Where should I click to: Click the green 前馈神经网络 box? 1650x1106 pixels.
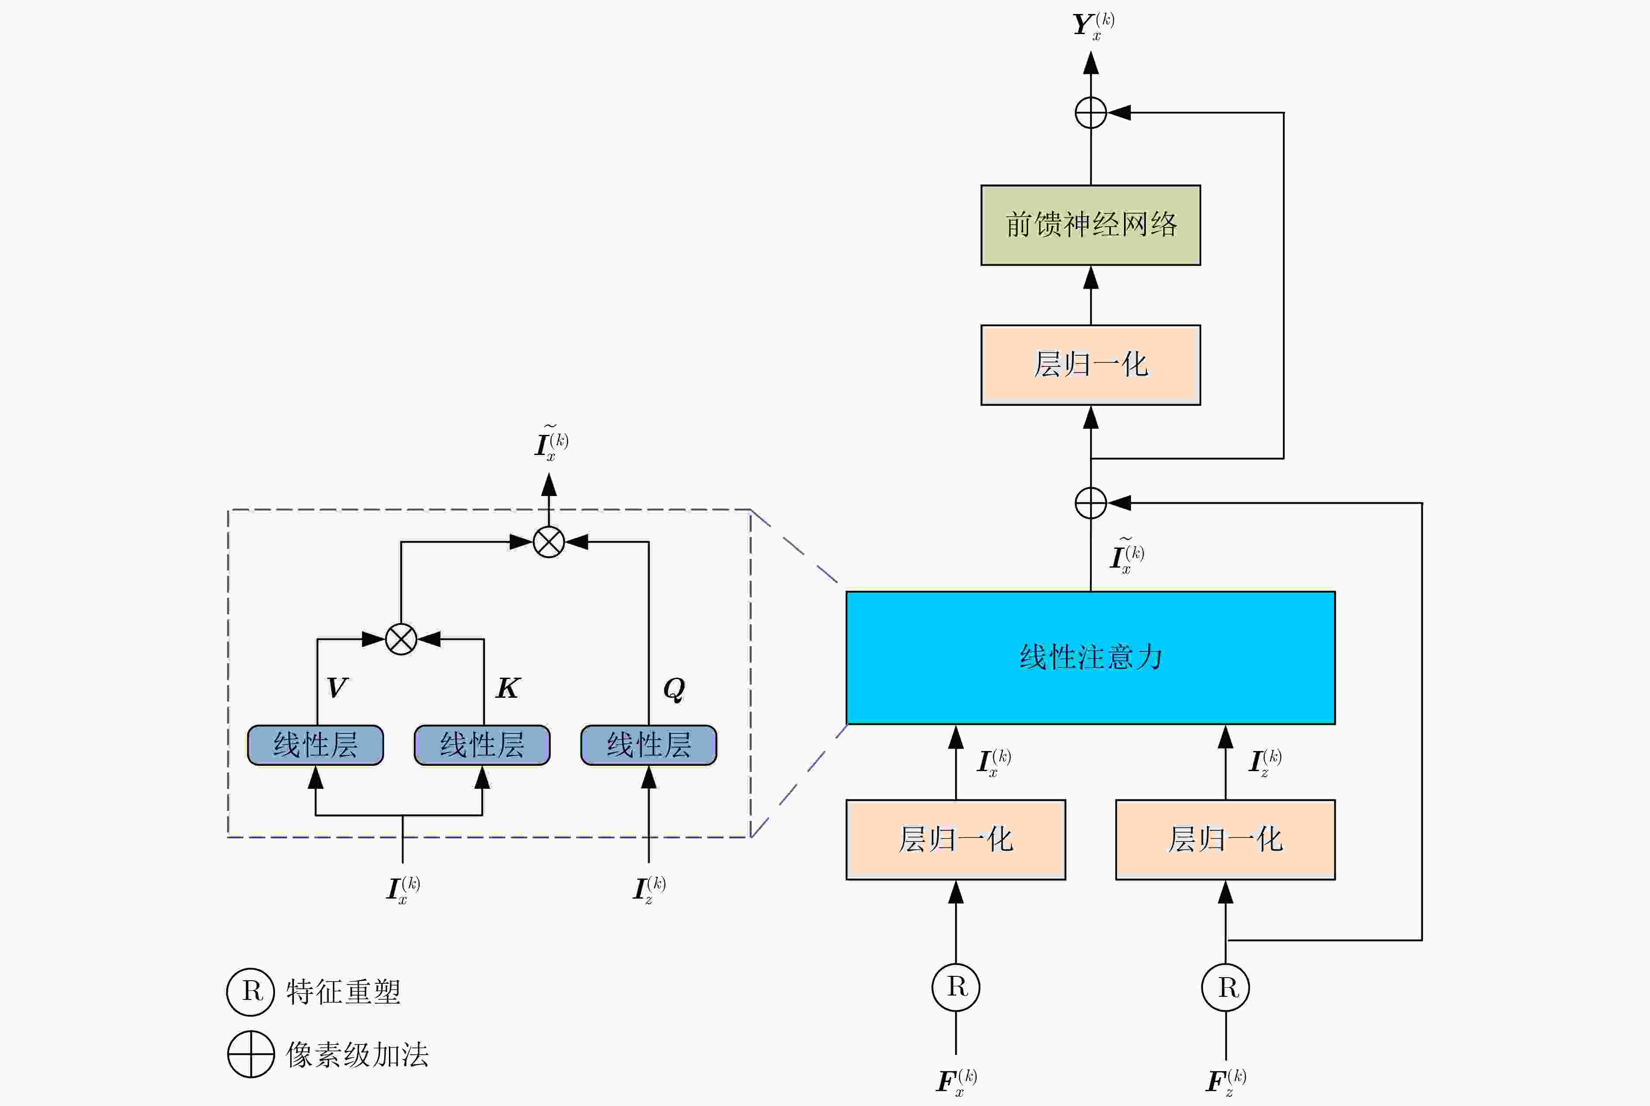pyautogui.click(x=1090, y=225)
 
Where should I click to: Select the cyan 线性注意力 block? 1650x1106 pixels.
pyautogui.click(x=1090, y=658)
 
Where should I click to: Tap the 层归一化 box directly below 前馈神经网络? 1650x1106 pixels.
pyautogui.click(x=1090, y=365)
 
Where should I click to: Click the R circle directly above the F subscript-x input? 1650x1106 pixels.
pyautogui.click(x=956, y=987)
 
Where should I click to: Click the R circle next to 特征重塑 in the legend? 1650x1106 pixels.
pyautogui.click(x=250, y=992)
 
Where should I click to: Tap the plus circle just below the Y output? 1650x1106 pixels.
pyautogui.click(x=1090, y=113)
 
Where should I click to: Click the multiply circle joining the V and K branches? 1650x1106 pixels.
pyautogui.click(x=401, y=640)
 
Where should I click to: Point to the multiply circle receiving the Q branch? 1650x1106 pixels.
pyautogui.click(x=549, y=542)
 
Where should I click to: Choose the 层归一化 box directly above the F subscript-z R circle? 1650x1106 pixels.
pyautogui.click(x=1225, y=839)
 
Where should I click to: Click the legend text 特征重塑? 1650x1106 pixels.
pyautogui.click(x=344, y=992)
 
